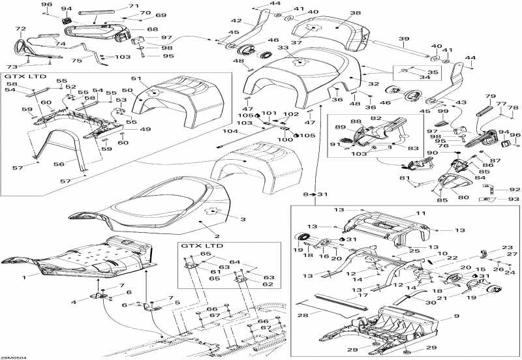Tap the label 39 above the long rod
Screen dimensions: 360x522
[405, 39]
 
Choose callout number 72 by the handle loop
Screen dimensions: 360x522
[20, 29]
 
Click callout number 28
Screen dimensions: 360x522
[303, 316]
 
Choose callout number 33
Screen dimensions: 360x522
[283, 48]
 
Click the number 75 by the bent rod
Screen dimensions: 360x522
[76, 59]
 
